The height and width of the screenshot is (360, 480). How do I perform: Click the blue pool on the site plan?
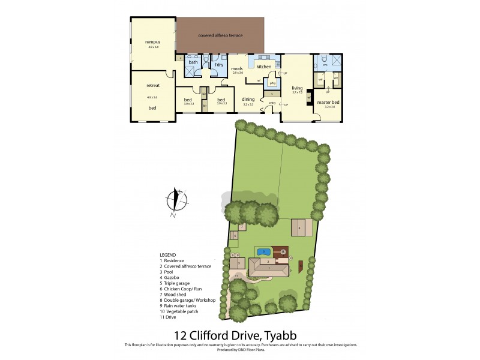(263, 251)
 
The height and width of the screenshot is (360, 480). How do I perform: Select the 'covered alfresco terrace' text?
(220, 35)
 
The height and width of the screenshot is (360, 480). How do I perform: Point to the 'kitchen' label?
(264, 67)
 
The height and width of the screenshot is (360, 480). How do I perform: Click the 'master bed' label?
(328, 103)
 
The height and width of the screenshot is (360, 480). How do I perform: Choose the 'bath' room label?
(193, 62)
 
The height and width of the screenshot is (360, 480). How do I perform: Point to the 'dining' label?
(248, 99)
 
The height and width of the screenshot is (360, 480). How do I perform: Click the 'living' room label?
(297, 88)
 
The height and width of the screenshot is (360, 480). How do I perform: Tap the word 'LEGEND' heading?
(168, 254)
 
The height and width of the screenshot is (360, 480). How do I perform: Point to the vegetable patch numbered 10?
(301, 265)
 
